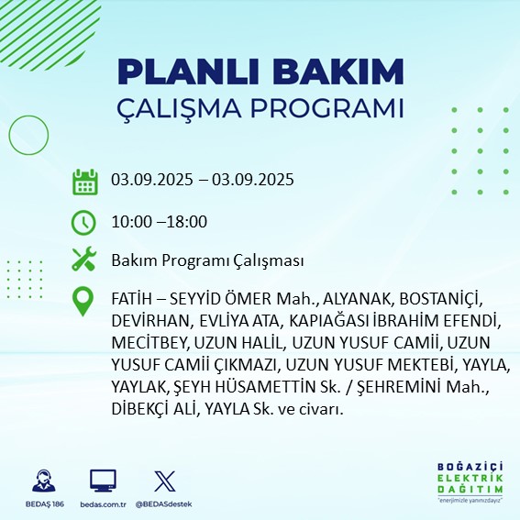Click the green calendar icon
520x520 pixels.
84,181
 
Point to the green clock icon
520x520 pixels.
84,221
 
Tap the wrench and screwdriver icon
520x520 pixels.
84,260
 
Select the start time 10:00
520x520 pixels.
129,221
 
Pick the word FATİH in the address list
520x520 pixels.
133,301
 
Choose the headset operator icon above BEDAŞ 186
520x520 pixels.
41,481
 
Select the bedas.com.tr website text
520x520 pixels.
103,504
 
